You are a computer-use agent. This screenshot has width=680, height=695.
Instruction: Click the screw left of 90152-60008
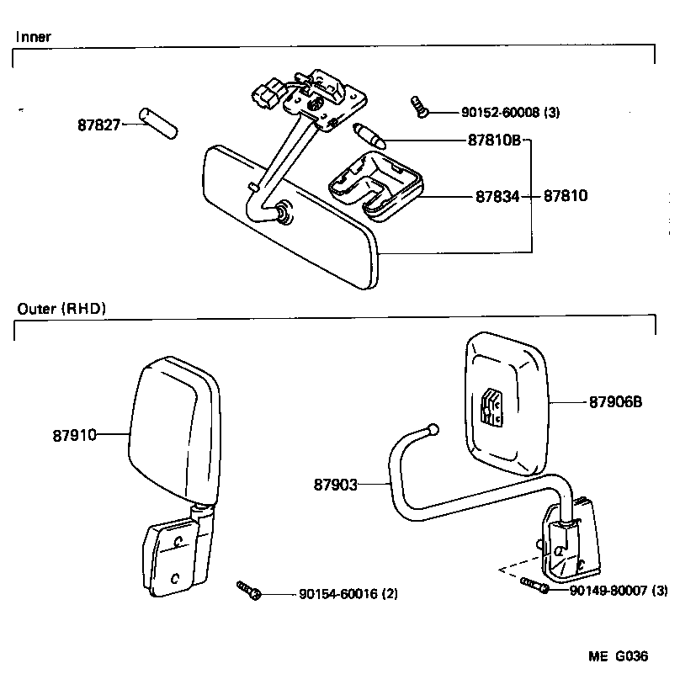point(419,106)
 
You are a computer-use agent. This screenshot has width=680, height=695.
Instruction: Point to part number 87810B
point(495,141)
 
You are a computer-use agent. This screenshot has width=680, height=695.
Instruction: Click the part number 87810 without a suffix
point(565,196)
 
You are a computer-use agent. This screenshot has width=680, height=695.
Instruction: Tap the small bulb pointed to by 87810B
point(370,135)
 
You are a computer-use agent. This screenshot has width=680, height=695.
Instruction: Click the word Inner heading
point(35,37)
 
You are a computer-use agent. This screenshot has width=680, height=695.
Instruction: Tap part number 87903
point(336,485)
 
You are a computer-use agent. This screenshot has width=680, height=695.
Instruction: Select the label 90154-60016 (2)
point(348,594)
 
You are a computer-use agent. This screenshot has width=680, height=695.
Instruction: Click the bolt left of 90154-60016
point(250,590)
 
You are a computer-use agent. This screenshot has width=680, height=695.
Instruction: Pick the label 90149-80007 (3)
point(619,591)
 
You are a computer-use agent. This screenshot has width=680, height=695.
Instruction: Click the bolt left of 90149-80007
point(535,586)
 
